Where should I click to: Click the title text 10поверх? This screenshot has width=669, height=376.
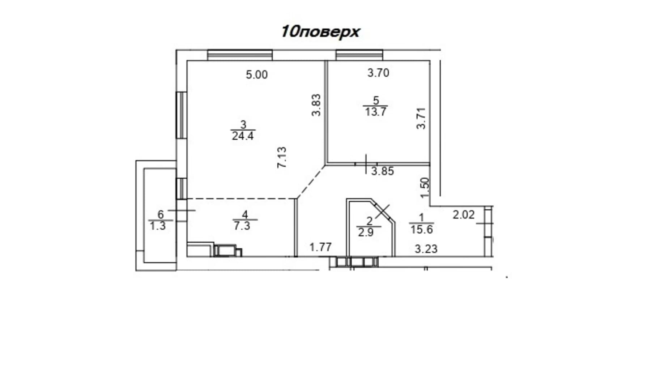pyautogui.click(x=320, y=32)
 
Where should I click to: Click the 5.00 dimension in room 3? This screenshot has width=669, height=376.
pyautogui.click(x=257, y=75)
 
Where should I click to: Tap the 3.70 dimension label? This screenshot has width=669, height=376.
pyautogui.click(x=378, y=73)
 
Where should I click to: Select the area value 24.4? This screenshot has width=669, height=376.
pyautogui.click(x=243, y=136)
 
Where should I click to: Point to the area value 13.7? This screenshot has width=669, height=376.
pyautogui.click(x=376, y=112)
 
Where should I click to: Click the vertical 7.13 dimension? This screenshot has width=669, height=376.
pyautogui.click(x=282, y=157)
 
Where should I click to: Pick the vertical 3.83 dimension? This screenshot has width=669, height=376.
pyautogui.click(x=316, y=105)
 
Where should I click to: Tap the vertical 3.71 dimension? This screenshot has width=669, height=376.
pyautogui.click(x=421, y=118)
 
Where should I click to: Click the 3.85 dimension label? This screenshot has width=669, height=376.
pyautogui.click(x=383, y=171)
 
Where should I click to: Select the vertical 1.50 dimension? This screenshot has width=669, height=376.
pyautogui.click(x=425, y=188)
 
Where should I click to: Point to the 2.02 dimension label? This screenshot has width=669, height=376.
pyautogui.click(x=464, y=215)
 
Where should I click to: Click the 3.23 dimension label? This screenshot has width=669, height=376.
pyautogui.click(x=426, y=249)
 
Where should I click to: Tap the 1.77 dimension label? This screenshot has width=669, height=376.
pyautogui.click(x=320, y=247)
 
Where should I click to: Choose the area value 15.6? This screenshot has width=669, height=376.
pyautogui.click(x=422, y=229)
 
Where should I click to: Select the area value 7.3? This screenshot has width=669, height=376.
pyautogui.click(x=242, y=226)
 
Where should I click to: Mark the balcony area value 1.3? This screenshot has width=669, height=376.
pyautogui.click(x=158, y=226)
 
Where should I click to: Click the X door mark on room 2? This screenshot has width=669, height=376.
pyautogui.click(x=383, y=211)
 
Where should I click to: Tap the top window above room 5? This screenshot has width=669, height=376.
pyautogui.click(x=359, y=55)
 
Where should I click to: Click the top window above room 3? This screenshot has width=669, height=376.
pyautogui.click(x=240, y=55)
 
